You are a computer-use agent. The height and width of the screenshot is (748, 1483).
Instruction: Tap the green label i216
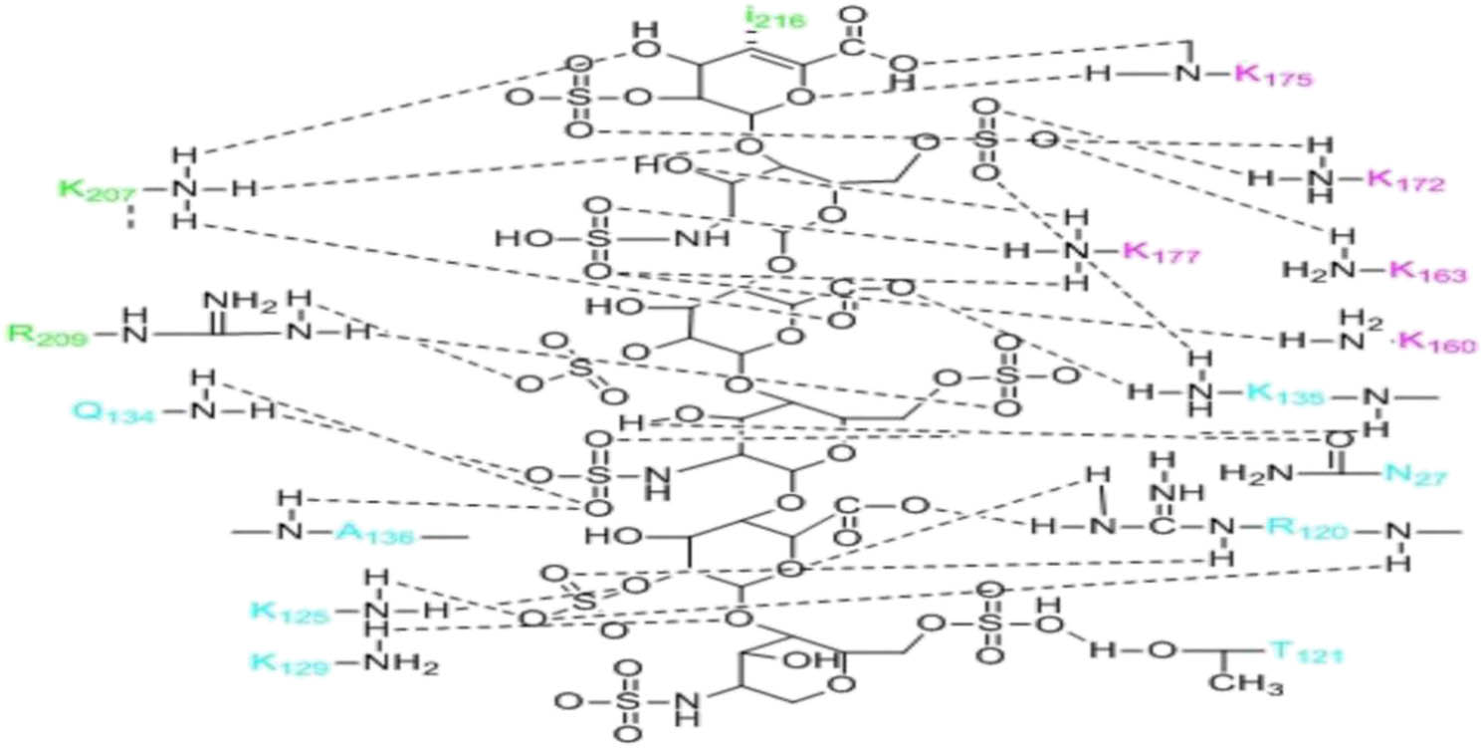tap(773, 19)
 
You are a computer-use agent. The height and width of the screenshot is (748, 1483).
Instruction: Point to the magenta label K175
tap(1275, 77)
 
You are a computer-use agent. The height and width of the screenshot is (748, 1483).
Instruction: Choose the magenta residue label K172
tap(1404, 180)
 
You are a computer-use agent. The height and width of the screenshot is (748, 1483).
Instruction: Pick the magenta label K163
tap(1427, 270)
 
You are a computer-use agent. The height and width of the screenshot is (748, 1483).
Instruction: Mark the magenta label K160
tap(1436, 343)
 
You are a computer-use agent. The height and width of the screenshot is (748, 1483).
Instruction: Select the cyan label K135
tap(1287, 395)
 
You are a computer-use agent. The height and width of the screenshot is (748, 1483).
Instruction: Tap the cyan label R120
tap(1309, 529)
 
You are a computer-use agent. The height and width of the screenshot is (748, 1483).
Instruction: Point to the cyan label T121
tap(1305, 653)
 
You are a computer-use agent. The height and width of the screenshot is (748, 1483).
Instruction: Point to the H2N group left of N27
tap(1250, 473)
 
